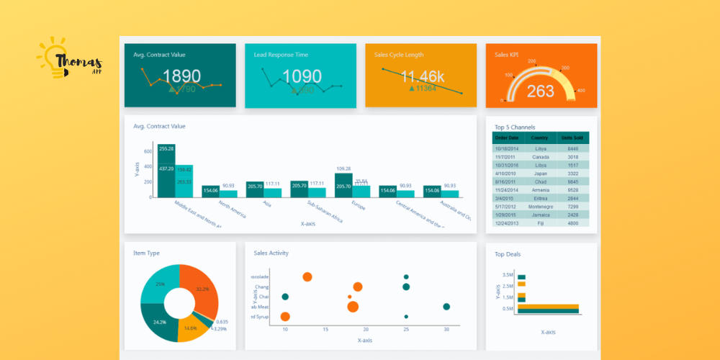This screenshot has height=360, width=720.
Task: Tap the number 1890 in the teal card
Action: click(x=181, y=76)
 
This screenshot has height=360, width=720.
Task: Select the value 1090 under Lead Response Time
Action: click(x=302, y=76)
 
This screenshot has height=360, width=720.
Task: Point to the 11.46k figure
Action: click(x=423, y=76)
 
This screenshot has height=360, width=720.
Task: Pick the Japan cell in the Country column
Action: click(x=540, y=174)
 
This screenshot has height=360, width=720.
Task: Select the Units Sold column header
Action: click(x=572, y=138)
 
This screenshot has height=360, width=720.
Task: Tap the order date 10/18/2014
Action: click(x=507, y=149)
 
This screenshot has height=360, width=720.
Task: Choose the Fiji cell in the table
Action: click(x=540, y=223)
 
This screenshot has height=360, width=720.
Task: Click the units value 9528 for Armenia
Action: click(x=572, y=190)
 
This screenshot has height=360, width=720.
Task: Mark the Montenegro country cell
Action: click(x=540, y=207)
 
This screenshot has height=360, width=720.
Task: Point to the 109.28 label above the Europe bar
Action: click(x=343, y=168)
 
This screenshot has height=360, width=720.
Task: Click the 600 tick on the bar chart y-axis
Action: click(x=148, y=152)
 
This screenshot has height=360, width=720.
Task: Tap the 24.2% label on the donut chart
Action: click(x=160, y=322)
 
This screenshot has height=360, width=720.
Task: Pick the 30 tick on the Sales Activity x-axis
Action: click(x=446, y=329)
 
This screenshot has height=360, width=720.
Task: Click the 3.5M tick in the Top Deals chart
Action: click(x=507, y=275)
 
